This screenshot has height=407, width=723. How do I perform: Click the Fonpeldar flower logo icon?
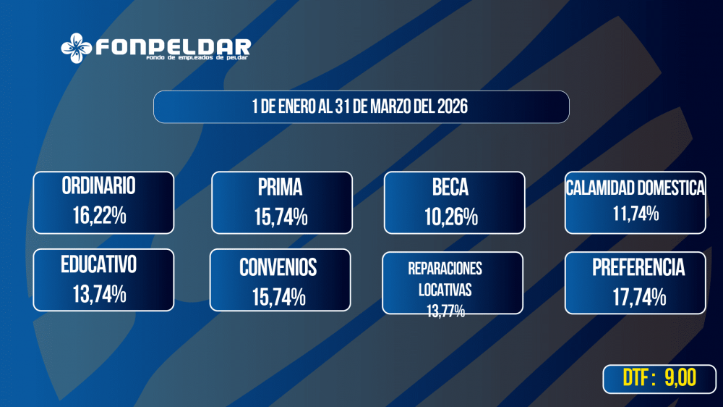point(76,49)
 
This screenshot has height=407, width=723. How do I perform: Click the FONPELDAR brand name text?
point(173,47)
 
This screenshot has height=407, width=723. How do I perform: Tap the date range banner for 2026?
point(361,106)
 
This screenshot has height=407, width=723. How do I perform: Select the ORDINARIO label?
point(99,186)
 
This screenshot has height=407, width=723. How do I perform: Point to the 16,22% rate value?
point(99,215)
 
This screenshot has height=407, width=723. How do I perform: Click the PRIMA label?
point(281,188)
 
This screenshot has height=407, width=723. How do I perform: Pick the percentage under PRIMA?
point(281,217)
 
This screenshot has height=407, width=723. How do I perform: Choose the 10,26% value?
point(453,217)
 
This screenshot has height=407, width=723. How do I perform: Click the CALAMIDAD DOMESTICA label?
point(635,188)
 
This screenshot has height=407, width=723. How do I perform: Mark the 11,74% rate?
point(634,214)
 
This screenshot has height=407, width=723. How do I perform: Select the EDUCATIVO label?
point(99,265)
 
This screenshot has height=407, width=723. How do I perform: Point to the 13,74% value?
point(99,293)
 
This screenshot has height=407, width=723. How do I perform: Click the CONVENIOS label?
point(278,267)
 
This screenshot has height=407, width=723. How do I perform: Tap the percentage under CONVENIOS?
point(278,297)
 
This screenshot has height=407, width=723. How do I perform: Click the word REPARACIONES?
point(445,269)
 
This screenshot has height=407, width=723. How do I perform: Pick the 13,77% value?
point(445,311)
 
